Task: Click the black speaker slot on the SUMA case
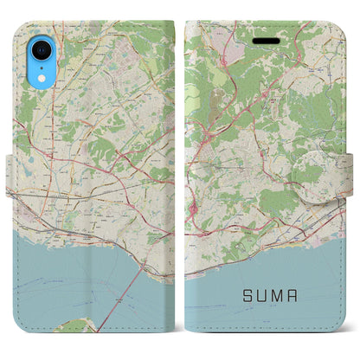point(267,38)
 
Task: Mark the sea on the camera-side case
point(69,286)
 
